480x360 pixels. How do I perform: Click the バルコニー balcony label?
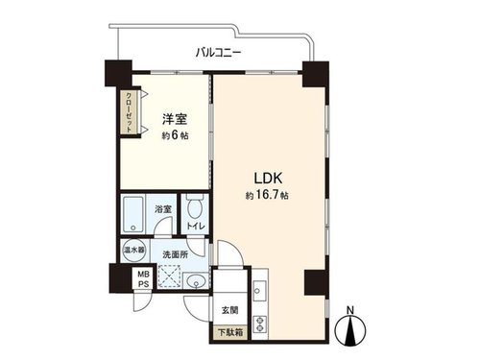(219, 52)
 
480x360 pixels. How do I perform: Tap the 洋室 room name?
(175, 119)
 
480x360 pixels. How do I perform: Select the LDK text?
(268, 179)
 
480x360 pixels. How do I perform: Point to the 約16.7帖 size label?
(267, 195)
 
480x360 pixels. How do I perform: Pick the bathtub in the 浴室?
(133, 214)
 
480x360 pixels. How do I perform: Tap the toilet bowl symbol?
(195, 209)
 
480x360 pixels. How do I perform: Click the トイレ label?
(195, 227)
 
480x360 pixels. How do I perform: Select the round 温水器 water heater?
(133, 251)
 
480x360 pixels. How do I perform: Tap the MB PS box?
(143, 279)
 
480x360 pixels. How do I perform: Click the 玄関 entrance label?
(229, 310)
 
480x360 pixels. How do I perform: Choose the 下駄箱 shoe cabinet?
(230, 332)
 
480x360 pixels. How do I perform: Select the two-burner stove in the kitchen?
(260, 324)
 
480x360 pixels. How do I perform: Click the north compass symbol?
(350, 330)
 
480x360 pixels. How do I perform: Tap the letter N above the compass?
(350, 310)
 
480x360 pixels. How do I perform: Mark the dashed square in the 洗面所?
(169, 276)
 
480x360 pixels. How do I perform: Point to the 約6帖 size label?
(175, 135)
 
